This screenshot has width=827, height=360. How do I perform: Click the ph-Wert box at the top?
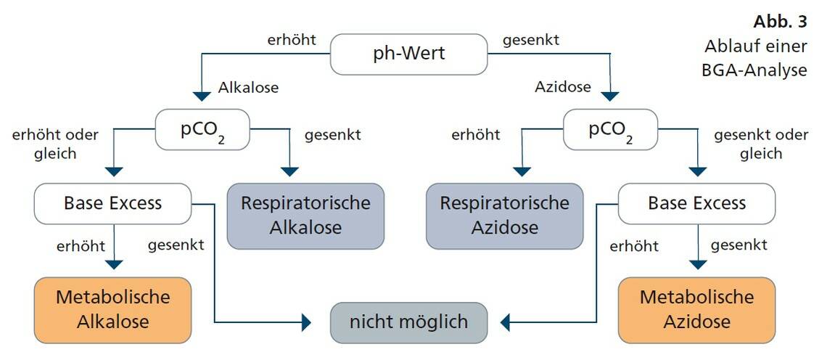[x=408, y=54]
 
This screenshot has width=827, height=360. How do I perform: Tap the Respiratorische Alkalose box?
[x=305, y=216]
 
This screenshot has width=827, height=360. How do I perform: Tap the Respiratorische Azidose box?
[x=504, y=216]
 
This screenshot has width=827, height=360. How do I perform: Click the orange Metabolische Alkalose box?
[x=112, y=309]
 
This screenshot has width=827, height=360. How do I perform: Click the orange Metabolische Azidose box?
[x=696, y=309]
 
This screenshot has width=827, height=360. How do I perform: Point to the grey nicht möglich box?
[x=408, y=322]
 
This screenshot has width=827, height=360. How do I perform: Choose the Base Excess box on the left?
[x=112, y=202]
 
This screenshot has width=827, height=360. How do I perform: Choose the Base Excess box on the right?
[x=696, y=202]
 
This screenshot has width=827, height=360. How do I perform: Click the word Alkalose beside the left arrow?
[x=248, y=88]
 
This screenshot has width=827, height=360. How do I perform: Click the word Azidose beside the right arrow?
[x=563, y=88]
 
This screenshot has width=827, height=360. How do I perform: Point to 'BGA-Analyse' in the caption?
[x=756, y=71]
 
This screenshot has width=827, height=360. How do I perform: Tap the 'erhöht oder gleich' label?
[x=55, y=143]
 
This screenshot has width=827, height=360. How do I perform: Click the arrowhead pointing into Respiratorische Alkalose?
[x=289, y=172]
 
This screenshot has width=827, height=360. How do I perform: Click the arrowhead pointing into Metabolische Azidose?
[x=697, y=265]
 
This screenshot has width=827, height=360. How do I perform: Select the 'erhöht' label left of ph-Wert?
[x=292, y=39]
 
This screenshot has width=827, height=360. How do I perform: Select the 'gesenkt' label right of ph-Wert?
[x=532, y=39]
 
